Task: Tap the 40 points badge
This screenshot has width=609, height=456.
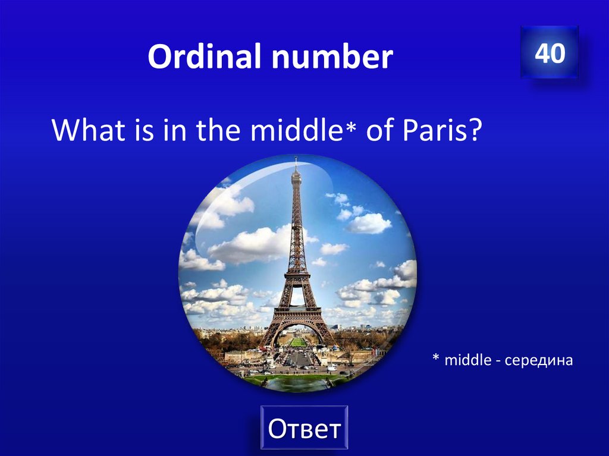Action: click(550, 53)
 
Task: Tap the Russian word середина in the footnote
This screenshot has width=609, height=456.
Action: click(538, 360)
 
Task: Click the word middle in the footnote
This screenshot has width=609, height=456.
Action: click(467, 360)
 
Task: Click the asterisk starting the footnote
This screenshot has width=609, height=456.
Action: click(435, 358)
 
